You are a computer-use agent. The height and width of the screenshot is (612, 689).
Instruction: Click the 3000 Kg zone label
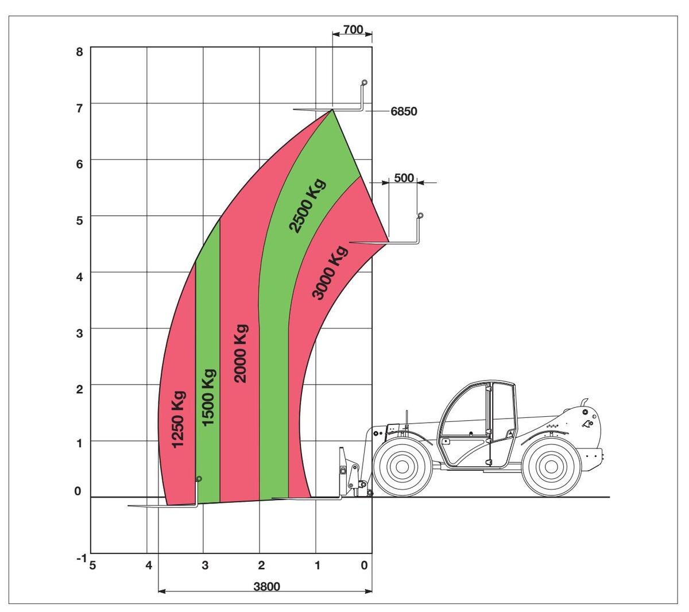click(x=330, y=273)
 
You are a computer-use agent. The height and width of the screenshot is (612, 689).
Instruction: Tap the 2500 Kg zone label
click(x=307, y=206)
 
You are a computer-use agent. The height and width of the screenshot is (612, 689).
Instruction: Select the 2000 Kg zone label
click(x=241, y=354)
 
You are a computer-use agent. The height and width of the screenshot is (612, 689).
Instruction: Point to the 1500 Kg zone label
click(x=208, y=397)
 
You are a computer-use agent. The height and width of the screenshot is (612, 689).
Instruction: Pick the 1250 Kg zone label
click(x=178, y=420)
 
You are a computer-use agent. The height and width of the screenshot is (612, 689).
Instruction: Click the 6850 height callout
click(x=404, y=111)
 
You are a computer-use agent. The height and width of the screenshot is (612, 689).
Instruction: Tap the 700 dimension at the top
click(x=353, y=30)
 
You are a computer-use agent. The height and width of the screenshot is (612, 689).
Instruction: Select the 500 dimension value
click(x=404, y=178)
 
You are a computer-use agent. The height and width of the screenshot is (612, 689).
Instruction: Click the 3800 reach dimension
click(x=266, y=587)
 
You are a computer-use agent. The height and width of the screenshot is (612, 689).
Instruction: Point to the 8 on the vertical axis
click(x=79, y=52)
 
